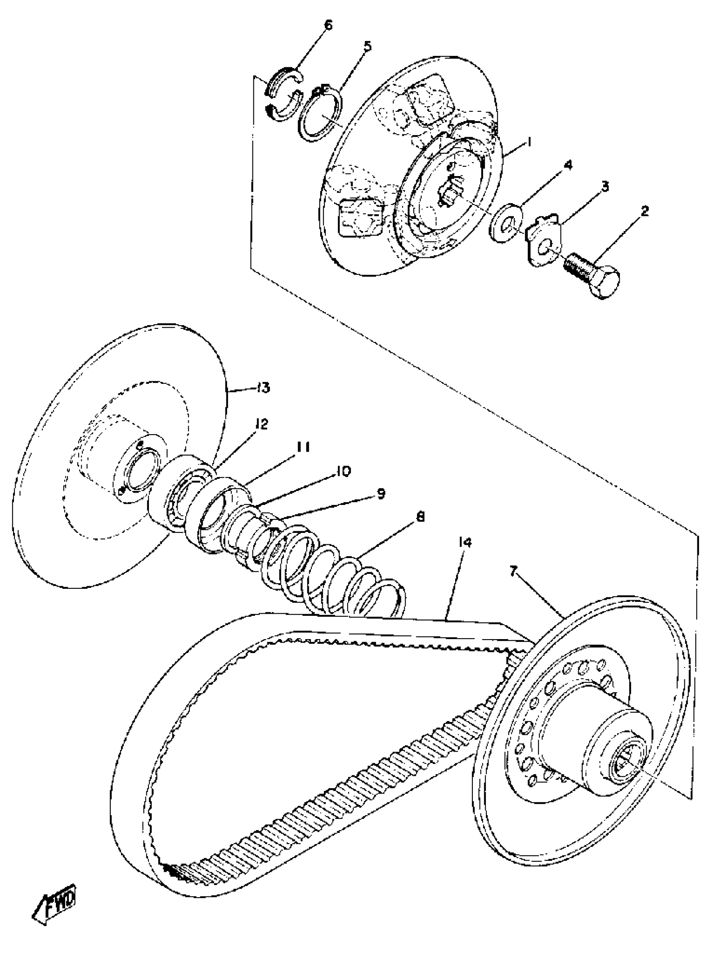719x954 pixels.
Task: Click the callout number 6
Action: [x=329, y=25]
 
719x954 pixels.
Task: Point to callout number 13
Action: [x=263, y=388]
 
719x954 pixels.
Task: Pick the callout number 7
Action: [x=513, y=571]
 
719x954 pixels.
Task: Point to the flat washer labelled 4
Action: [x=506, y=222]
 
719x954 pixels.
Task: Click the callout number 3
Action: [x=605, y=186]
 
